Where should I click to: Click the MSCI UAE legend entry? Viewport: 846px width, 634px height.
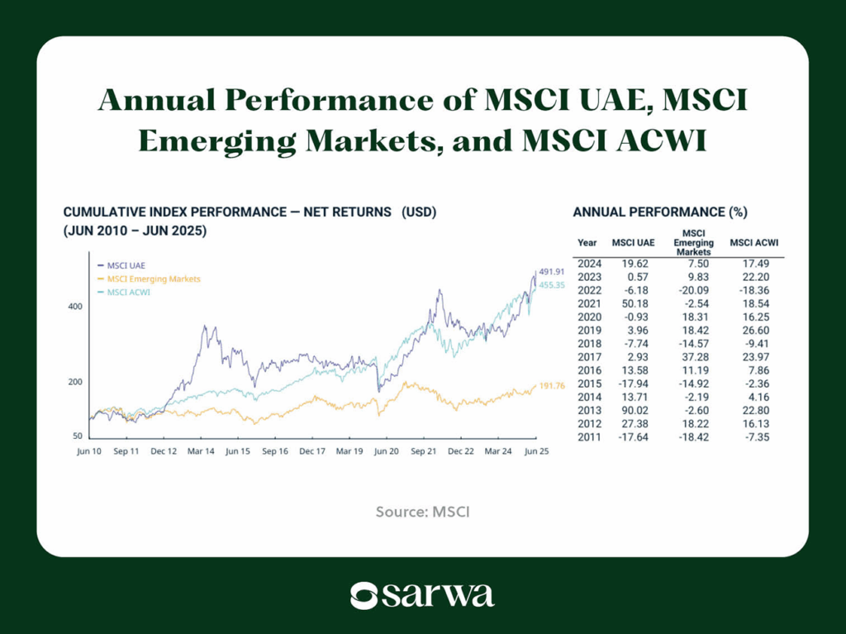pos(126,265)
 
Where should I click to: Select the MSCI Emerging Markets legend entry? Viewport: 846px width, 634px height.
pos(154,279)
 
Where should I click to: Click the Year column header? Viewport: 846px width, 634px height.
pos(587,243)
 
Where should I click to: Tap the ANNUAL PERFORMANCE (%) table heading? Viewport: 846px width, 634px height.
pos(659,212)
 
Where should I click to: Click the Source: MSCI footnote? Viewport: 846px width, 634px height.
pos(422,512)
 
